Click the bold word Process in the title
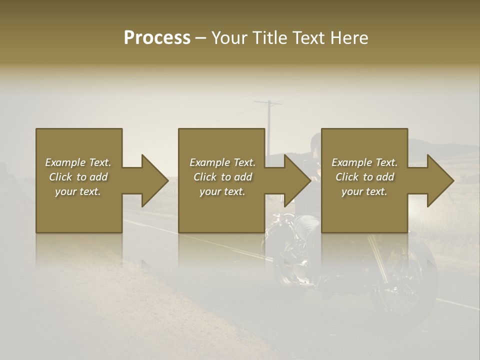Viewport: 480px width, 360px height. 157,37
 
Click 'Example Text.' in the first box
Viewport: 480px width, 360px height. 78,162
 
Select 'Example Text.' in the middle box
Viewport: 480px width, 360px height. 222,162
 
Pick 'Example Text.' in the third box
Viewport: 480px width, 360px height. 364,162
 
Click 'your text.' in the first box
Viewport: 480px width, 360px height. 78,191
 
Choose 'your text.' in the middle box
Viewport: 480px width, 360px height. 222,191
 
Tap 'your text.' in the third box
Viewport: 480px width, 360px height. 364,191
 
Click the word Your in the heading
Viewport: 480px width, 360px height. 228,37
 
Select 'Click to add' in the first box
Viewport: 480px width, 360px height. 78,177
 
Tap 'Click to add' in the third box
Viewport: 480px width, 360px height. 364,177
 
